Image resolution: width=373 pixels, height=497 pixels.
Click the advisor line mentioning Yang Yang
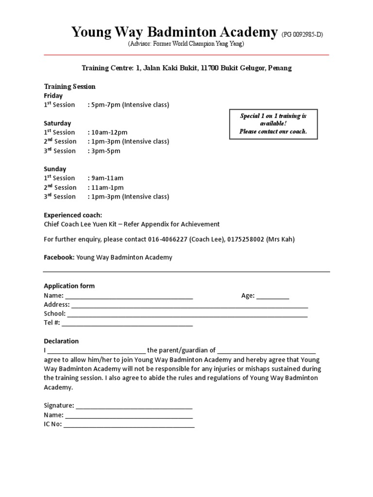pyautogui.click(x=186, y=44)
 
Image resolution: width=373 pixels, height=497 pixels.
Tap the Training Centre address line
pyautogui.click(x=186, y=68)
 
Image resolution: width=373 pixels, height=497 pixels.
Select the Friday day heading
pyautogui.click(x=53, y=96)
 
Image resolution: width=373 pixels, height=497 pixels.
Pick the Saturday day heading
pyautogui.click(x=57, y=123)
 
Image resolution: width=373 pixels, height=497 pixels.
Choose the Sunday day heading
pyautogui.click(x=55, y=169)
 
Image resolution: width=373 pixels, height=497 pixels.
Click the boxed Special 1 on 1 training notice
pyautogui.click(x=273, y=124)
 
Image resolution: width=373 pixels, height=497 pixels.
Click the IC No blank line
pyautogui.click(x=129, y=425)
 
